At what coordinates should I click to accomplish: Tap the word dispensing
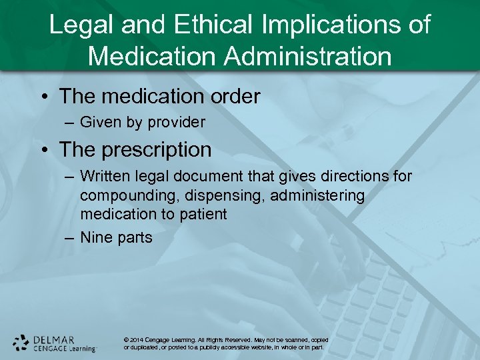coord(215,195)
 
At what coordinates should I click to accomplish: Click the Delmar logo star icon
coord(21,343)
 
